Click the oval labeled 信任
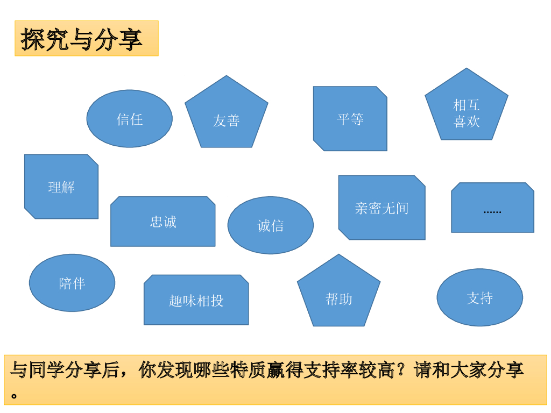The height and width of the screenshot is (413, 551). tap(130, 119)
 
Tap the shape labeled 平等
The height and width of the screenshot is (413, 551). tap(350, 119)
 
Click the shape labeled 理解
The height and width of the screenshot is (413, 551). tap(61, 187)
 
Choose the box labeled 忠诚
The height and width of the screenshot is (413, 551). tap(163, 222)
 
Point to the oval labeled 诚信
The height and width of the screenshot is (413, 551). tap(271, 225)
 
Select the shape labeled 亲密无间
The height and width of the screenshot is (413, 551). tap(382, 208)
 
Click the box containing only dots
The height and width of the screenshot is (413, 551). tap(492, 208)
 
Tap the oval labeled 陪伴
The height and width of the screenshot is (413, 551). tap(72, 283)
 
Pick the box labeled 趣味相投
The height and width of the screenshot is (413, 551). tap(196, 300)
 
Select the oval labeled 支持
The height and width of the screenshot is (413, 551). tap(480, 297)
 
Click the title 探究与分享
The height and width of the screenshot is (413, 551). tap(82, 39)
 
